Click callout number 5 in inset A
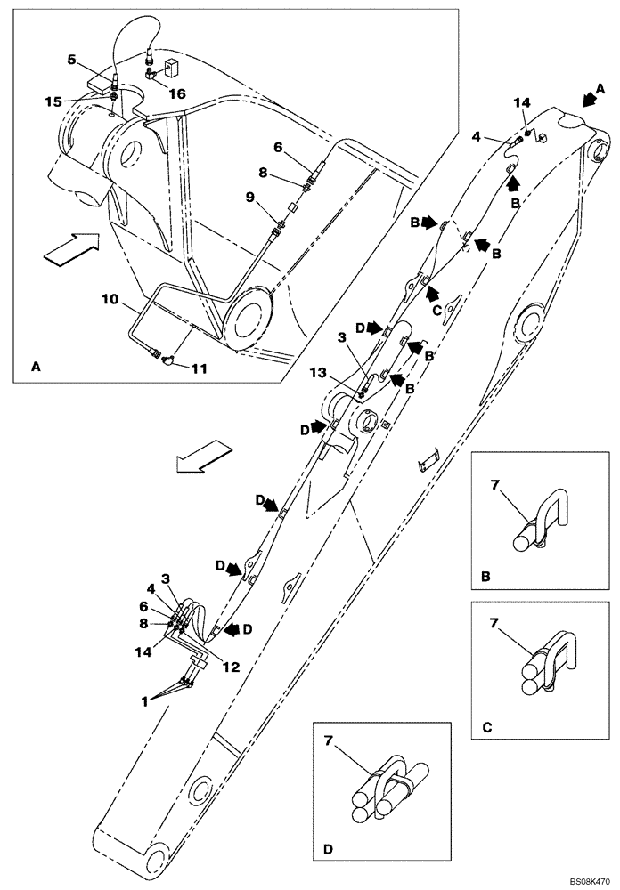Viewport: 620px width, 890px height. (x=71, y=61)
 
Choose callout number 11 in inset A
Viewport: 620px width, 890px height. (x=203, y=367)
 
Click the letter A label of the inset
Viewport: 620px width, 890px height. (x=35, y=366)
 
